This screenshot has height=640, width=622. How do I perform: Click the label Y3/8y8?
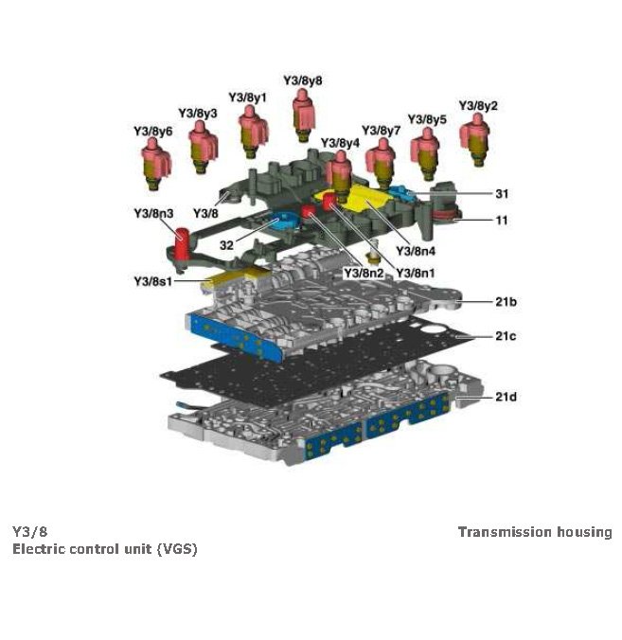pos(303,80)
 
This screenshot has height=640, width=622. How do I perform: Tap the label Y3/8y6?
pos(152,131)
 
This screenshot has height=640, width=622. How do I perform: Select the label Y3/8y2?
pos(478,105)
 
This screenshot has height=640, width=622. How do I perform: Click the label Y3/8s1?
pos(152,281)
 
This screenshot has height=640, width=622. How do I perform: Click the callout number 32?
pos(227,244)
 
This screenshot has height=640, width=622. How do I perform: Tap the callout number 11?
pos(502,221)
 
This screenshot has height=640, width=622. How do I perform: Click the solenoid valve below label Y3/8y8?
pos(304,114)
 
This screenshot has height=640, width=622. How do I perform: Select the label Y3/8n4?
pos(415,251)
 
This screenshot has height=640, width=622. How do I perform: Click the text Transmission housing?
pos(534,532)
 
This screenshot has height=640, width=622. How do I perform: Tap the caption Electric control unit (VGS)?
pos(104,549)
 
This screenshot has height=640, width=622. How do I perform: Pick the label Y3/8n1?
pos(414,273)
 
